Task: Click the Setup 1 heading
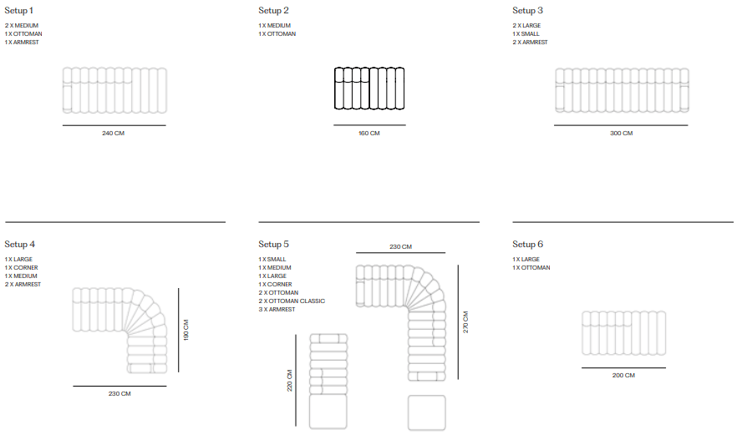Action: pyautogui.click(x=19, y=11)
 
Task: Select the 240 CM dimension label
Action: pyautogui.click(x=114, y=134)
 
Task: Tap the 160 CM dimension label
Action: pyautogui.click(x=369, y=134)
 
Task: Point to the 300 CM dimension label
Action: pyautogui.click(x=621, y=134)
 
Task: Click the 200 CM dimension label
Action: pyautogui.click(x=623, y=375)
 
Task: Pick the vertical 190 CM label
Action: pyautogui.click(x=185, y=330)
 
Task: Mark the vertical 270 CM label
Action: pyautogui.click(x=465, y=322)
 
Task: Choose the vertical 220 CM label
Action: pyautogui.click(x=289, y=381)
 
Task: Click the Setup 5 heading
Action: pyautogui.click(x=273, y=245)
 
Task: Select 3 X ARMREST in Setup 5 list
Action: pyautogui.click(x=277, y=310)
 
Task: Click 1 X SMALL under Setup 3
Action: pyautogui.click(x=526, y=33)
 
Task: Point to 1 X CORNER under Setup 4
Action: pyautogui.click(x=22, y=268)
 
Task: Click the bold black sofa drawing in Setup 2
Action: pyautogui.click(x=369, y=89)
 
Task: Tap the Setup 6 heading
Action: pyautogui.click(x=527, y=245)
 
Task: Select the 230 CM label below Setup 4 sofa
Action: pyautogui.click(x=119, y=394)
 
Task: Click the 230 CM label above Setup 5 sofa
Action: pyautogui.click(x=400, y=246)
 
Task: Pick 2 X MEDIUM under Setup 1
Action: pyautogui.click(x=22, y=26)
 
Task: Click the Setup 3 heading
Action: pyautogui.click(x=527, y=11)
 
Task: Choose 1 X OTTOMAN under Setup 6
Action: pyautogui.click(x=531, y=268)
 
